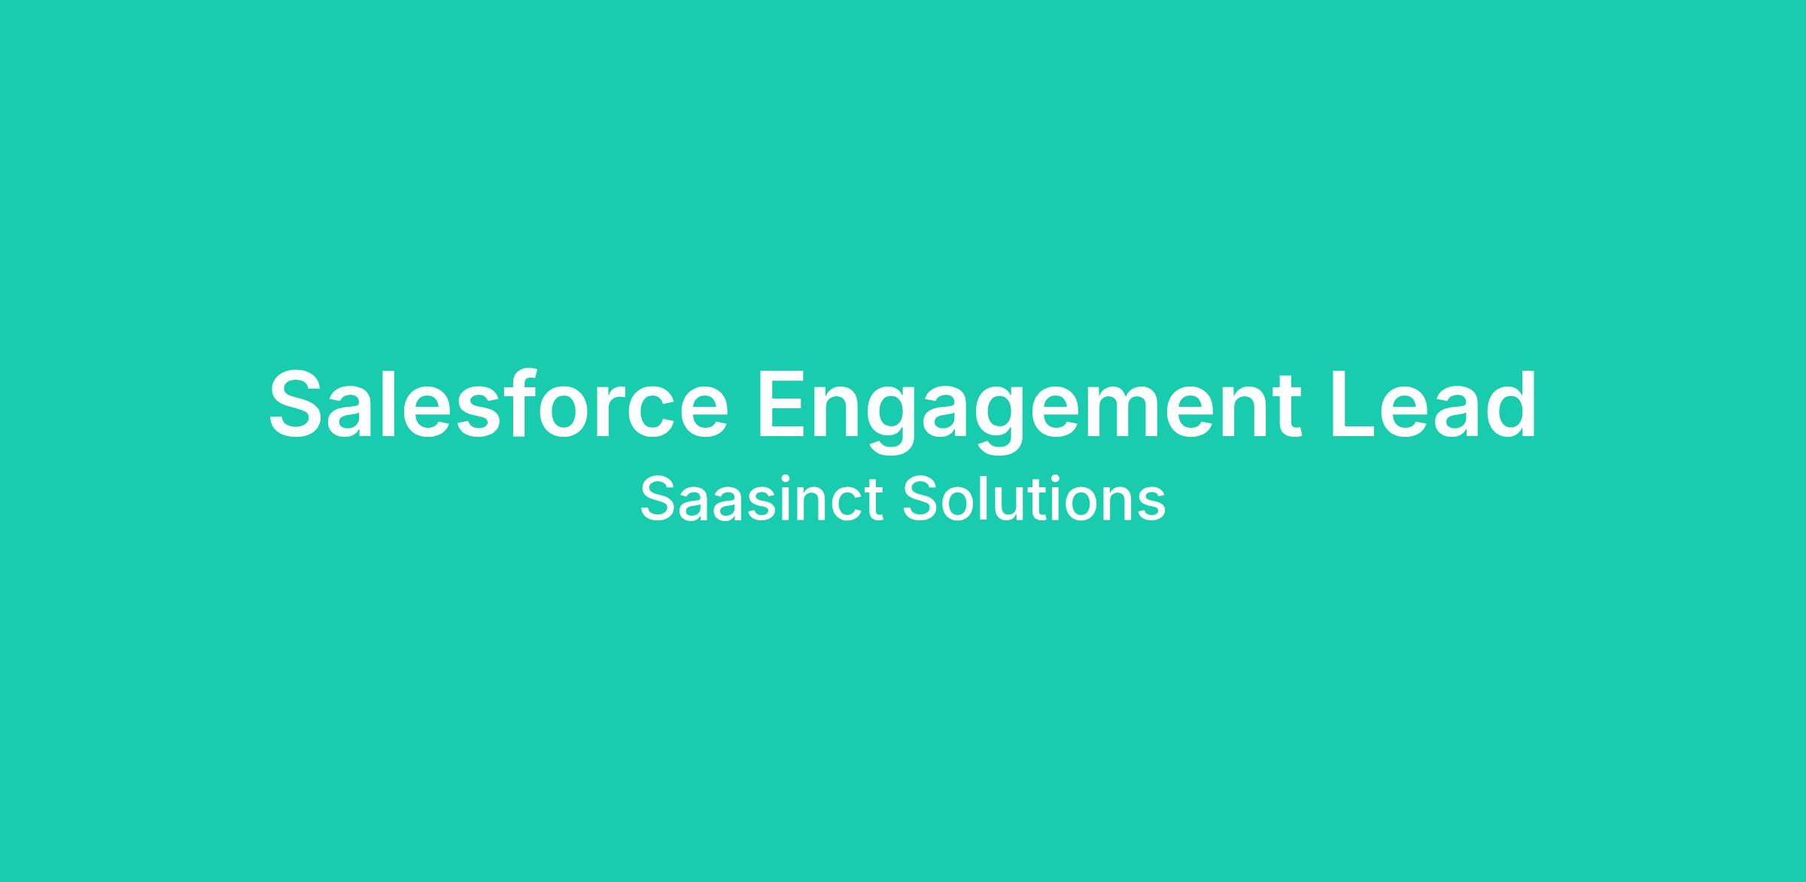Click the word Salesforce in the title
click(499, 404)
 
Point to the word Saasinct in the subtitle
click(761, 498)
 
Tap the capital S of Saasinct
click(657, 498)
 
